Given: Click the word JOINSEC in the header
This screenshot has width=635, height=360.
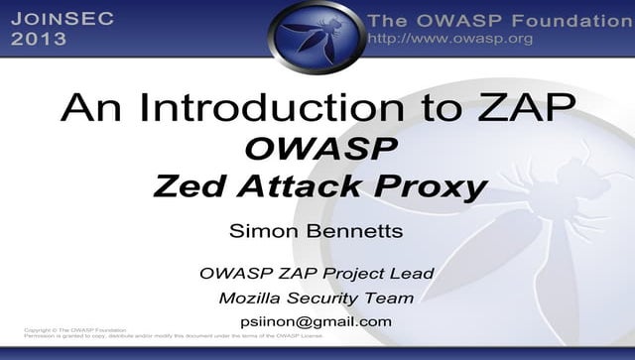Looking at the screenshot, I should tap(63, 18).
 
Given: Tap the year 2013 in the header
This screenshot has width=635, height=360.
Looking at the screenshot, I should tap(39, 39).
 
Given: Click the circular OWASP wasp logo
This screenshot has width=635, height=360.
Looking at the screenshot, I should tap(317, 37).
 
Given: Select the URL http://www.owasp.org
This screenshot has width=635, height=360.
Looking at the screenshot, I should tap(449, 39).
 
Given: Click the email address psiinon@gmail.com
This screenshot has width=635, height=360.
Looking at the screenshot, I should tap(316, 321).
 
